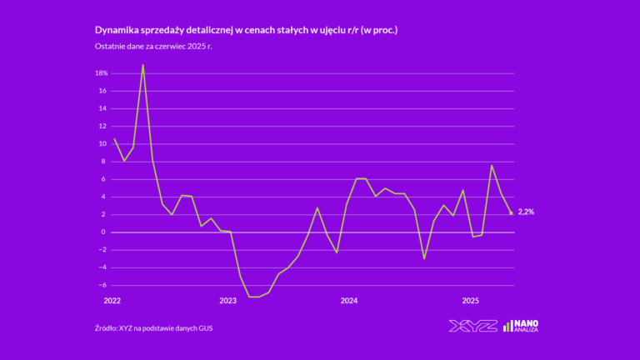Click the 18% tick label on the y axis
coord(102,73)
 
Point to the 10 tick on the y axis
coord(103,143)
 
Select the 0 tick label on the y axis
coord(105,232)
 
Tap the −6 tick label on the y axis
coord(102,285)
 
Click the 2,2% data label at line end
coord(526,212)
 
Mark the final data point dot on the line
coord(511,212)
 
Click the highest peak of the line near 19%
coord(143,64)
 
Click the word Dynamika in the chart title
coord(120,30)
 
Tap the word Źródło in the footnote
coord(106,327)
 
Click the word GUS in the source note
coord(216,327)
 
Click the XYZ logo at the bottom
coord(472,326)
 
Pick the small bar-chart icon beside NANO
coord(507,326)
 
